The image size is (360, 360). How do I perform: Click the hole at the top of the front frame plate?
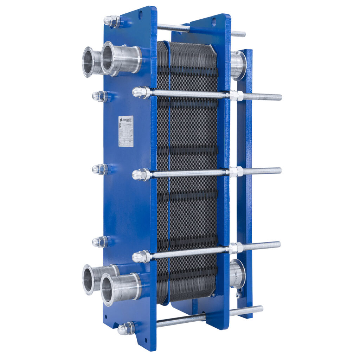[x=140, y=15]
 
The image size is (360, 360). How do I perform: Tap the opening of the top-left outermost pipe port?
[x=88, y=62]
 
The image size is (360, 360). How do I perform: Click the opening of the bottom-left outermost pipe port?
[x=88, y=279]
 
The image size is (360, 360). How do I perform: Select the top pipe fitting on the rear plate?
[x=238, y=65]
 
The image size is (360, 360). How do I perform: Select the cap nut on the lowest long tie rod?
[x=141, y=257]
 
